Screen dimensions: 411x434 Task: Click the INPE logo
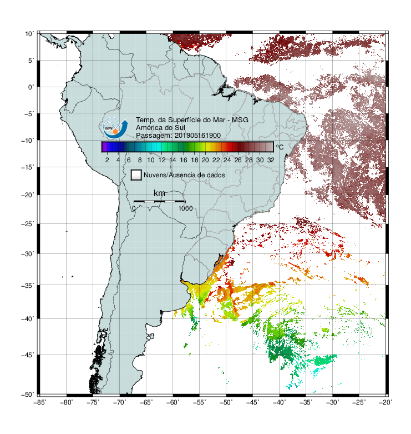(x=115, y=128)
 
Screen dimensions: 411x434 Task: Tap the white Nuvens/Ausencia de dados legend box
(x=136, y=175)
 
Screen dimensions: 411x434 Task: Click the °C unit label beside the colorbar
(x=280, y=147)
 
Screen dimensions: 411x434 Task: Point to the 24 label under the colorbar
(x=227, y=160)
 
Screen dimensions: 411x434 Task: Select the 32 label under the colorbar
(x=271, y=160)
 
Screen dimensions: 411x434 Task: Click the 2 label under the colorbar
(x=107, y=160)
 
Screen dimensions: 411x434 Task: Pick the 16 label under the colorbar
(x=184, y=160)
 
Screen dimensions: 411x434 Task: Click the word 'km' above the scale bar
(x=159, y=193)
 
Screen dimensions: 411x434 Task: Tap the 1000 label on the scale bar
(x=185, y=208)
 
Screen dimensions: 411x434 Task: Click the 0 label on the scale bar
(x=134, y=208)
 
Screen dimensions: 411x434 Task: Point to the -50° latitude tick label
(x=28, y=395)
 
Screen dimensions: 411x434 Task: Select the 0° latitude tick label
(x=31, y=87)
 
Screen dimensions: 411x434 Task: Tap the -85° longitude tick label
(x=40, y=402)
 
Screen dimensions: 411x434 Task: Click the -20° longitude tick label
(x=385, y=402)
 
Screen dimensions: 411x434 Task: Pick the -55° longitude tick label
(x=200, y=402)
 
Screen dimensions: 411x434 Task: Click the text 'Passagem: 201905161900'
(x=178, y=136)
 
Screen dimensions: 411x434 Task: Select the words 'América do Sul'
(x=160, y=128)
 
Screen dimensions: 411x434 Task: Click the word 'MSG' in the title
(x=240, y=120)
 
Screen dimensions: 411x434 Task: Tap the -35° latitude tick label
(x=28, y=285)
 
